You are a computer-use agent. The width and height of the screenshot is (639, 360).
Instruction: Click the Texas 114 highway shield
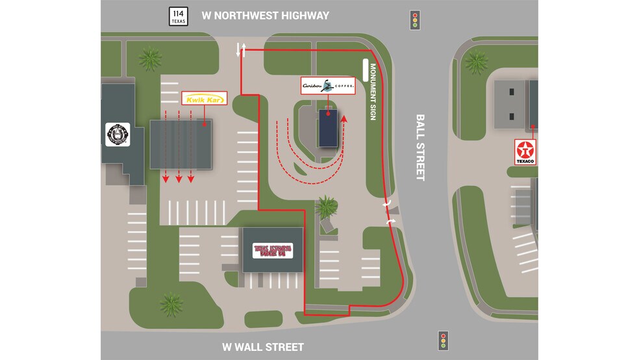[x=178, y=16]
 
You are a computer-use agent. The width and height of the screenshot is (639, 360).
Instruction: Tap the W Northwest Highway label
[x=265, y=16]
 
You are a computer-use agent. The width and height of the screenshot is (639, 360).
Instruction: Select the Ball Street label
[x=420, y=148]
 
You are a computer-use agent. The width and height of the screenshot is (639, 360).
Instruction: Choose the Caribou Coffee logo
[x=329, y=86]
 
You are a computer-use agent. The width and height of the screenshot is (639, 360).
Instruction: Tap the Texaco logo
[x=525, y=151]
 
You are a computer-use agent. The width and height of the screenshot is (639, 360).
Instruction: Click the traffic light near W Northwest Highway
[x=414, y=20]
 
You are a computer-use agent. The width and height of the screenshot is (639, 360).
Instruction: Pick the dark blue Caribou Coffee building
[x=327, y=128]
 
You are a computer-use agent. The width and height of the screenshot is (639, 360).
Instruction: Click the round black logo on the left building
[x=118, y=135]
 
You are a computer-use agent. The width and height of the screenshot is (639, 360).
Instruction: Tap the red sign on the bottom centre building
[x=273, y=250]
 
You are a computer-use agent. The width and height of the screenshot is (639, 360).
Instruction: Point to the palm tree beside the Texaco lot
[x=477, y=62]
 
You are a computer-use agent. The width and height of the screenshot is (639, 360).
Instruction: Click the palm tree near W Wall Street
[x=171, y=303]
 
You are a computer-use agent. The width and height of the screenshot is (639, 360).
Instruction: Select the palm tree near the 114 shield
[x=151, y=59]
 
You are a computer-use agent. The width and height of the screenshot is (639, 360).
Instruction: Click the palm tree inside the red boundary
[x=326, y=207]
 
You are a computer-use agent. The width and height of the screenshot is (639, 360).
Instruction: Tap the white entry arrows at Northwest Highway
[x=241, y=49]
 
